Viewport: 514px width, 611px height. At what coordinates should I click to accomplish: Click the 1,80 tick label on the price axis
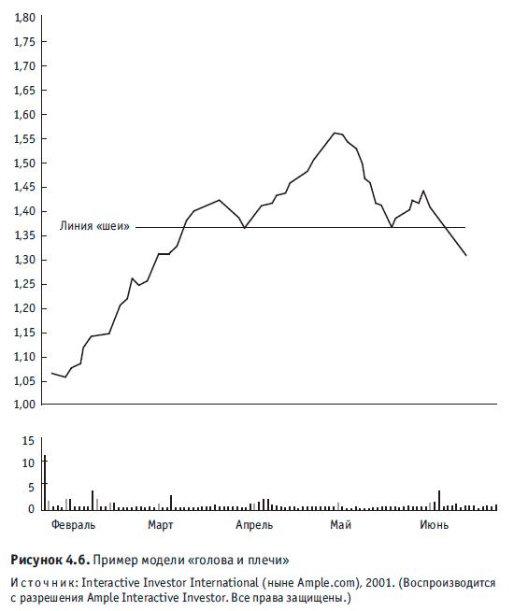click(24, 18)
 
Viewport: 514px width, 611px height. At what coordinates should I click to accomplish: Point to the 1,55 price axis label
click(24, 139)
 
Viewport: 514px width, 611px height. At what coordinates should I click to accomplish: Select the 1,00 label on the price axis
click(24, 405)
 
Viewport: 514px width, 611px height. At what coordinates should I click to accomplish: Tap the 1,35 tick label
click(24, 235)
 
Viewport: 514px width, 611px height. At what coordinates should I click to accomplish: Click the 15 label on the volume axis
click(28, 441)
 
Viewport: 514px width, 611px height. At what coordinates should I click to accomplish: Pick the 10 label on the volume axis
click(28, 463)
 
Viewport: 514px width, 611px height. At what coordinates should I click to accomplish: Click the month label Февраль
click(73, 525)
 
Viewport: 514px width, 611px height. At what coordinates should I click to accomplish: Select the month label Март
click(160, 525)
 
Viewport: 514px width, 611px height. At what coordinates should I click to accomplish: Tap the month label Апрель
click(254, 525)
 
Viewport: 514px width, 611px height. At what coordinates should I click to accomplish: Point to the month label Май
click(340, 525)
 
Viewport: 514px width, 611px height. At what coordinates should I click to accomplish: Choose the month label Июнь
click(435, 525)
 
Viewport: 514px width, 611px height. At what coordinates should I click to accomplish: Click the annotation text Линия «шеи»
click(94, 226)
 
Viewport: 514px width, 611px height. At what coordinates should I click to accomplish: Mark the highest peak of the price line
click(335, 133)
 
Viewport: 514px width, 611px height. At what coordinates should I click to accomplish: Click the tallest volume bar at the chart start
click(45, 482)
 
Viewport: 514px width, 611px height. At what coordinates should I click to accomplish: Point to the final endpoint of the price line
click(465, 255)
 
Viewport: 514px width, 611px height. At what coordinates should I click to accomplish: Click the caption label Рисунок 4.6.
click(50, 560)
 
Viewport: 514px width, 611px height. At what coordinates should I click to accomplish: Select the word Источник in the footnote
click(45, 583)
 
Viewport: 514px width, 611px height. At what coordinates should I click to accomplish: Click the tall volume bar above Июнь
click(439, 501)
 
